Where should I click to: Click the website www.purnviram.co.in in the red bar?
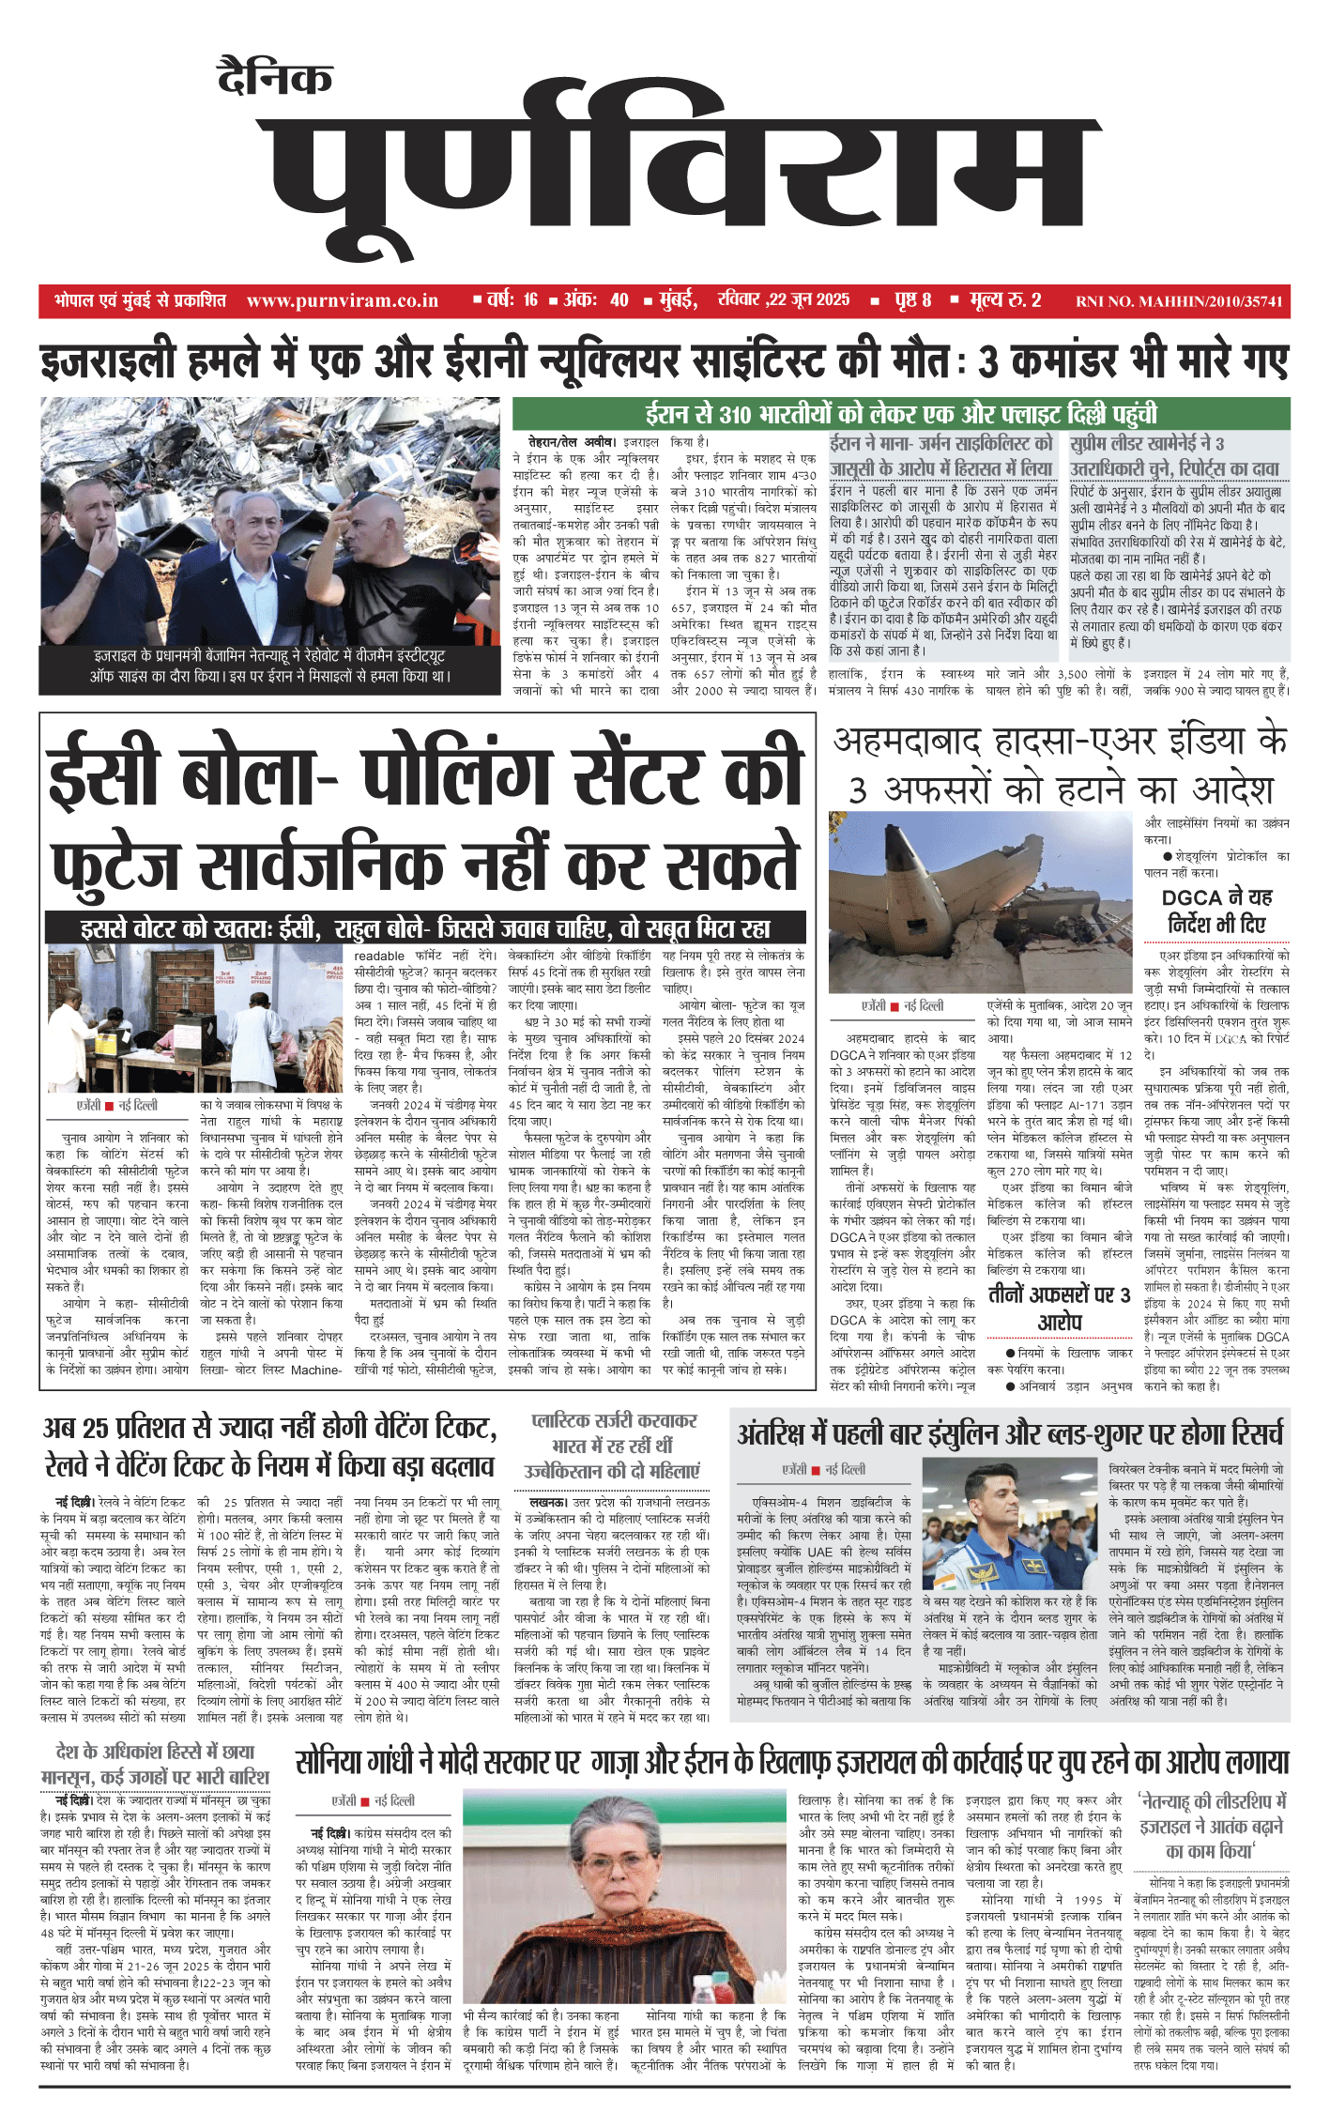(x=342, y=300)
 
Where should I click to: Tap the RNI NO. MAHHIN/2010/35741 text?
(x=1178, y=301)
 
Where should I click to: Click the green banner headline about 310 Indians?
(x=900, y=414)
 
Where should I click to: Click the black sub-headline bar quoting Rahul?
(x=425, y=928)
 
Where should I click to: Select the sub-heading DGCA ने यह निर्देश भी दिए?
(x=1216, y=911)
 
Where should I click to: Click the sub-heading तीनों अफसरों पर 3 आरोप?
(x=1059, y=1308)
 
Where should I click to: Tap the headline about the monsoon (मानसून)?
(x=155, y=1764)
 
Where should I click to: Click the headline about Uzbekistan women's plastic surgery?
(x=612, y=1446)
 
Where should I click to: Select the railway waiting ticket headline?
(x=270, y=1446)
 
